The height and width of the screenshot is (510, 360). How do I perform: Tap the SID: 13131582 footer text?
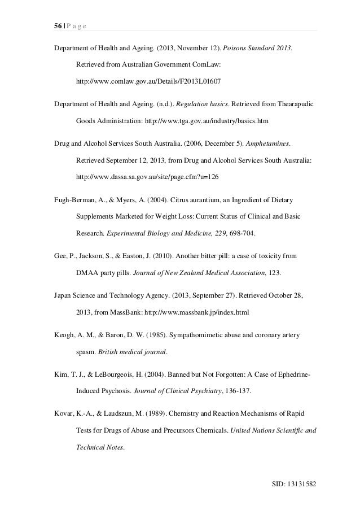pos(295,484)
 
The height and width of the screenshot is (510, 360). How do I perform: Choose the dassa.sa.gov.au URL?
pos(147,177)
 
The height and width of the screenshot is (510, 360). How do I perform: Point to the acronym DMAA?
pos(87,273)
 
